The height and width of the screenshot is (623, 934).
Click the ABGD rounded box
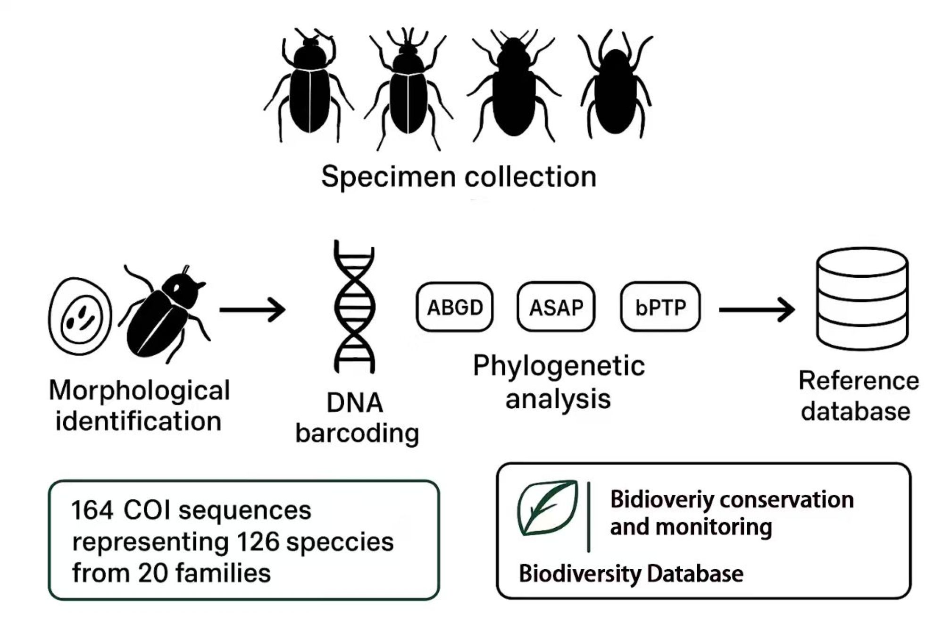point(455,307)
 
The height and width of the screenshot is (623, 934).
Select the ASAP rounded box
point(556,307)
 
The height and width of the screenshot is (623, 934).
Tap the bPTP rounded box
point(660,307)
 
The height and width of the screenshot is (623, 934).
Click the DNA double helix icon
point(355,307)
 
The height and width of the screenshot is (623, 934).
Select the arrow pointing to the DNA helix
point(252,309)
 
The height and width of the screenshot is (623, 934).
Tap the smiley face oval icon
point(80,316)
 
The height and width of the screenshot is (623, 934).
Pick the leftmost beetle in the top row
point(309,87)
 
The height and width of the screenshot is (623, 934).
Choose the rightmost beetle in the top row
point(616,87)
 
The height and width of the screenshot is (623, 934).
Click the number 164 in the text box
point(92,510)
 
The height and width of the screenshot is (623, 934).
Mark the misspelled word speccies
point(340,542)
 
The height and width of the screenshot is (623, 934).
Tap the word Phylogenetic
point(559,366)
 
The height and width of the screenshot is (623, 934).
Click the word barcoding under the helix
point(357,433)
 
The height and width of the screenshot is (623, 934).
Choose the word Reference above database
point(859,381)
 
